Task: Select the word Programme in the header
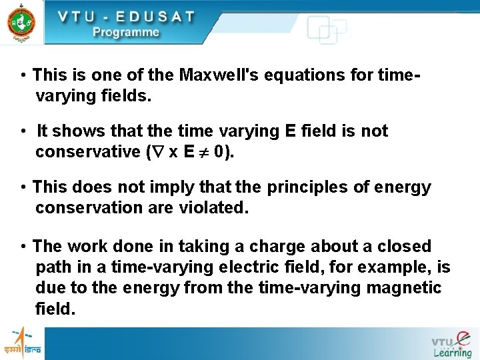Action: (126, 32)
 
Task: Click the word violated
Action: (213, 209)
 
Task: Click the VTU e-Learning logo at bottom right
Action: (451, 344)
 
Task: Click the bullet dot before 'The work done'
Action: (23, 247)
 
